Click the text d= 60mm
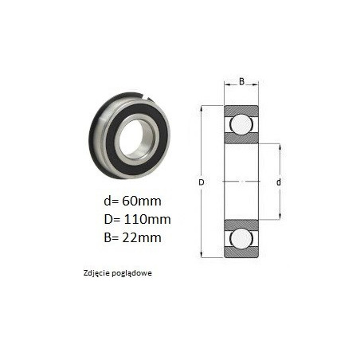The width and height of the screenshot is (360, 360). (x=132, y=201)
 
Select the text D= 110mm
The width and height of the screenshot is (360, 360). (x=137, y=219)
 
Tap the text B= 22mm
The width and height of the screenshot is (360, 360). (x=132, y=237)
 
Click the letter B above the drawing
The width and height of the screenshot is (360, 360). (x=241, y=81)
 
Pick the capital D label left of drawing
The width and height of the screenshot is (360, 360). (x=202, y=182)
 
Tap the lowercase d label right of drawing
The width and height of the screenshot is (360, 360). (x=279, y=182)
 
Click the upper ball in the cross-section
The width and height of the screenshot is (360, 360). (x=241, y=124)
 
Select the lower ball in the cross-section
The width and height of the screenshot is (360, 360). (x=241, y=238)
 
